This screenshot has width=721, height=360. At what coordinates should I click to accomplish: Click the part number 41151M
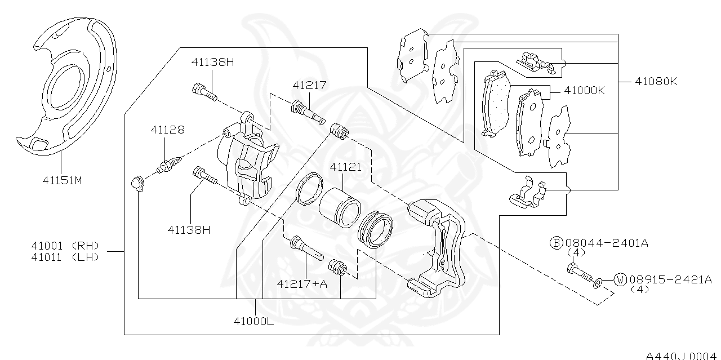click(x=62, y=181)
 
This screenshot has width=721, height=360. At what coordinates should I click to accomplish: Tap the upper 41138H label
click(x=212, y=62)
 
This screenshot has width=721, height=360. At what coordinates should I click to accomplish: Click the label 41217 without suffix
click(x=309, y=85)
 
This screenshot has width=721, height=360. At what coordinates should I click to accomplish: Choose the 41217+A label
click(x=302, y=284)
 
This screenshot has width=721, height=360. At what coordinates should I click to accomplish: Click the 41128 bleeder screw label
click(x=167, y=130)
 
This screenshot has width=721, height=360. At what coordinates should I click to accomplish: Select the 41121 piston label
click(x=345, y=167)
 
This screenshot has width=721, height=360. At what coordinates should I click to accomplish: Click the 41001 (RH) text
click(x=65, y=246)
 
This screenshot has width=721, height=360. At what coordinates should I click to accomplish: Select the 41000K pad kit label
click(x=584, y=90)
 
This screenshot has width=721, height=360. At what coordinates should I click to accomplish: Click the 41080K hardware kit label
click(x=656, y=82)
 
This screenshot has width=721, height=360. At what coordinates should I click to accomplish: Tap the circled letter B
click(x=556, y=243)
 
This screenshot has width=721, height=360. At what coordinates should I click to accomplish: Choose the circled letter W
click(x=620, y=279)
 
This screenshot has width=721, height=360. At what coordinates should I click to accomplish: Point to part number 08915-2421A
click(x=670, y=279)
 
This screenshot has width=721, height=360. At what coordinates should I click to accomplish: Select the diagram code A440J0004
click(x=683, y=355)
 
